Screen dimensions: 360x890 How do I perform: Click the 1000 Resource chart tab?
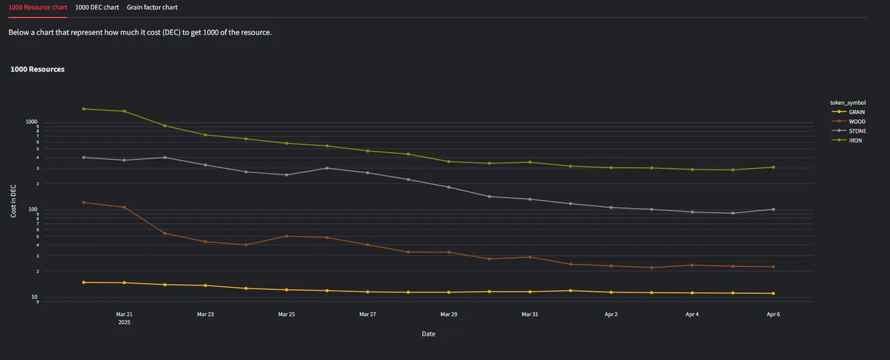[x=38, y=7]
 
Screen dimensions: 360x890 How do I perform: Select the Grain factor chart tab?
[x=152, y=7]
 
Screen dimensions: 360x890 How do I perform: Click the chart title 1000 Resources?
[x=38, y=69]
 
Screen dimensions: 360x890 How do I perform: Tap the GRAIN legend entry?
[x=857, y=112]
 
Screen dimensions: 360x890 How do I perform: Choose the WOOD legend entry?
[x=857, y=122]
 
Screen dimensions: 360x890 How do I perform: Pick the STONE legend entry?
[x=857, y=131]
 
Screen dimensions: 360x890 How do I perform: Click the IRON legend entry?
[x=855, y=140]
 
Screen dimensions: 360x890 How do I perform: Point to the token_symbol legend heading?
[x=848, y=102]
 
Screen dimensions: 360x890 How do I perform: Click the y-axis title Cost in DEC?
[x=13, y=202]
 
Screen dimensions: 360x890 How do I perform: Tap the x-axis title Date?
[x=428, y=334]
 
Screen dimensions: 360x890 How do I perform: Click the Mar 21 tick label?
[x=124, y=314]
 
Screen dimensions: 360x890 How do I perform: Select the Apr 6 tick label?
[x=773, y=314]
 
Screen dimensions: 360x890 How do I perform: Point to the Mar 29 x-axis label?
[x=448, y=314]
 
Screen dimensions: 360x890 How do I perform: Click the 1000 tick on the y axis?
[x=31, y=122]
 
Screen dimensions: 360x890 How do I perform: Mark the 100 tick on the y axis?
[x=33, y=209]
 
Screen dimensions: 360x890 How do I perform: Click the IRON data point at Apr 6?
[x=773, y=167]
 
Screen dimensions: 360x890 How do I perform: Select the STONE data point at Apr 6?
[x=773, y=209]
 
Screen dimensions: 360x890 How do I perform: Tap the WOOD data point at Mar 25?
[x=286, y=236]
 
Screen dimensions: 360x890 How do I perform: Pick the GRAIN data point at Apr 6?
[x=773, y=293]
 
